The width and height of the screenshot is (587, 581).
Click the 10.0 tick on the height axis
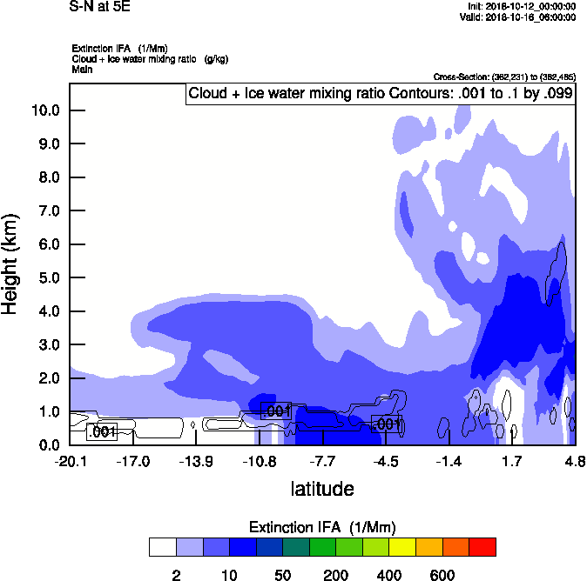click(44, 110)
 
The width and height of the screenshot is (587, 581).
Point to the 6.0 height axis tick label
click(44, 244)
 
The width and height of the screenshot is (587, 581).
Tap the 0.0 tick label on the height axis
click(44, 445)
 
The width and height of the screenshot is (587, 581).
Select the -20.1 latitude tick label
click(70, 461)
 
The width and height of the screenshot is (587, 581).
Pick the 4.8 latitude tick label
click(574, 461)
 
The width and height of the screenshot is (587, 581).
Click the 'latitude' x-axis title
click(322, 489)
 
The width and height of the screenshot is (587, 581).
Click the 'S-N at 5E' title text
click(100, 7)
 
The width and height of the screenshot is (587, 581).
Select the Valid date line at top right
click(518, 17)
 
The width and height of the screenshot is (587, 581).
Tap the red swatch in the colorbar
click(482, 546)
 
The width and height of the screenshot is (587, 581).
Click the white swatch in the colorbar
click(163, 546)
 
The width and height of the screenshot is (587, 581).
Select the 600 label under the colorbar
click(442, 574)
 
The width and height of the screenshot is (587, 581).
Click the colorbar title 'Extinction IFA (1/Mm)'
click(322, 528)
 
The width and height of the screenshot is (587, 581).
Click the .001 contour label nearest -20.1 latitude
click(102, 431)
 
